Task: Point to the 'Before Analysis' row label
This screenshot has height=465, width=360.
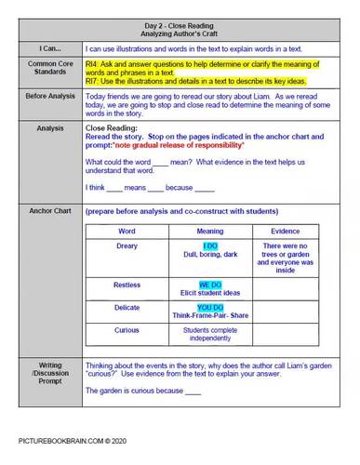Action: point(43,96)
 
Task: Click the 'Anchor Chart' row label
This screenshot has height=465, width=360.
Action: point(43,211)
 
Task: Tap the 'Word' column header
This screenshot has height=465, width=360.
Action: point(127,231)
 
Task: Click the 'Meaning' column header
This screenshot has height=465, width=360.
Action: point(209,231)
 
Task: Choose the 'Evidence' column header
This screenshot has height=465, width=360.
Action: point(285,231)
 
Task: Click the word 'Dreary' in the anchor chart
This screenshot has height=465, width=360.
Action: point(127,246)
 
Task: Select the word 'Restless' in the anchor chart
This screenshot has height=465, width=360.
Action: point(127,284)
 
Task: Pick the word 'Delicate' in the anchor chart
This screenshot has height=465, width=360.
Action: point(127,306)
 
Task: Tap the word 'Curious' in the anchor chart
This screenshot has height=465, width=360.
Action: point(127,329)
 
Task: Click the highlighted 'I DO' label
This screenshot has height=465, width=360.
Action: point(210,246)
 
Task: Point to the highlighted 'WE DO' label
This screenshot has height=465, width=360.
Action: point(210,284)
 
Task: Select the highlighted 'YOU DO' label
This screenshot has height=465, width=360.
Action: point(210,306)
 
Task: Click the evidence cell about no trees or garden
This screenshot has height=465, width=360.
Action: point(285,258)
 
